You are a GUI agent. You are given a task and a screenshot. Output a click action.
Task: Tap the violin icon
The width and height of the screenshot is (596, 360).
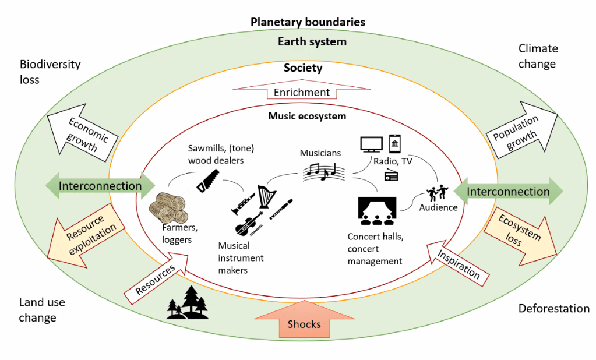(247, 224)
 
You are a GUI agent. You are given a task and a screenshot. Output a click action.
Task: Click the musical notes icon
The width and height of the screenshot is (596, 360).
(321, 171)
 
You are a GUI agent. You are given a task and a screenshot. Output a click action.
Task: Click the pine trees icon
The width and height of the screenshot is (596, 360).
(188, 303)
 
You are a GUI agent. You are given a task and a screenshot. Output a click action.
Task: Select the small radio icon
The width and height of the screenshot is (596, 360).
(391, 175)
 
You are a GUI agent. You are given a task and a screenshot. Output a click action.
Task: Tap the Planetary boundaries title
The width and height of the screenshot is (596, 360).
(308, 22)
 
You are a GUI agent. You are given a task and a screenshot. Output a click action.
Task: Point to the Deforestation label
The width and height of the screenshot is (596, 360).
(553, 308)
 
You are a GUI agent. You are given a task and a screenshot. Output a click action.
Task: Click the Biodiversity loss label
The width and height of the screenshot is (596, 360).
(50, 72)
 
